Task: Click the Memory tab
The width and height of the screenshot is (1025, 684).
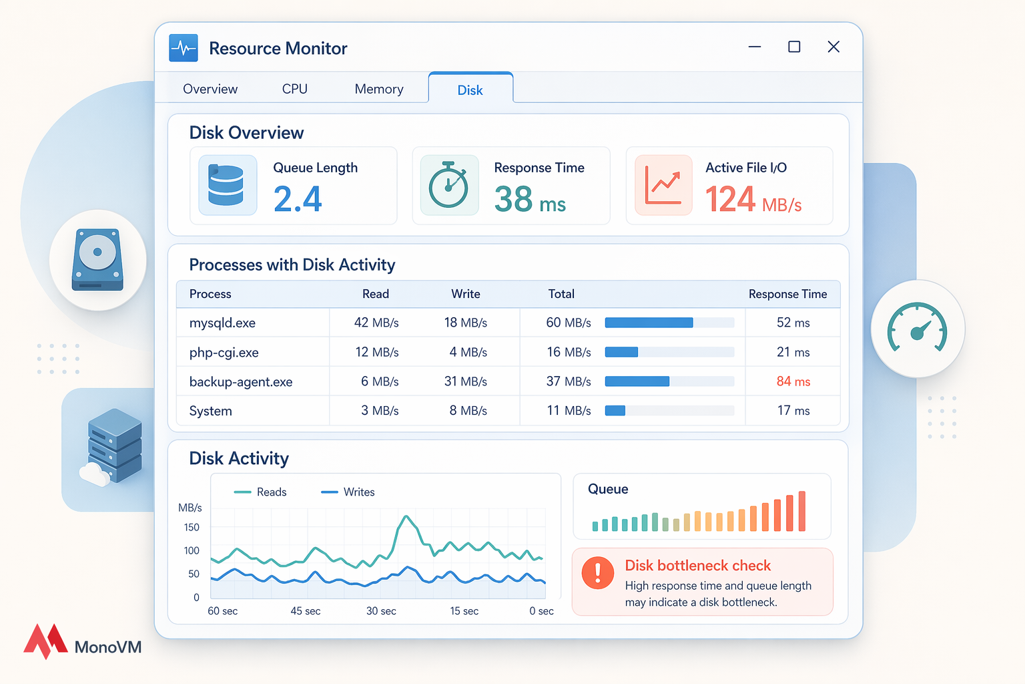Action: pos(379,89)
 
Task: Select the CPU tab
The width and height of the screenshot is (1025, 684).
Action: pos(294,89)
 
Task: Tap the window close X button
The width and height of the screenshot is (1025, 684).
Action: pos(833,47)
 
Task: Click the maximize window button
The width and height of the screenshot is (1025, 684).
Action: pos(794,47)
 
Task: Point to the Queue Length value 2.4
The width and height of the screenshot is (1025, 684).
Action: pos(298,199)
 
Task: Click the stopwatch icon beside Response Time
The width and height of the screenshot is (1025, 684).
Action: pos(449,185)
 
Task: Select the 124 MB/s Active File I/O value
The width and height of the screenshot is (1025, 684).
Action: pos(753,199)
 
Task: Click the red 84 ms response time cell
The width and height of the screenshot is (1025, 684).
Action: pos(793,381)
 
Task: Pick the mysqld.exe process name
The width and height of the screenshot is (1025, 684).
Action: pos(222,323)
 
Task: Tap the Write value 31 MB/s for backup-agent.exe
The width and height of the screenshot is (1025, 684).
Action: pos(465,381)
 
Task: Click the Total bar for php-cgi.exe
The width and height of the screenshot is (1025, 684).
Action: pos(621,352)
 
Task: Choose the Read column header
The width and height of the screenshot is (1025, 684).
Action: pos(376,294)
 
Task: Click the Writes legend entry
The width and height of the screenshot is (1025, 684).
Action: pos(348,492)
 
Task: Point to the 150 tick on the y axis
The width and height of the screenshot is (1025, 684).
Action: pos(192,527)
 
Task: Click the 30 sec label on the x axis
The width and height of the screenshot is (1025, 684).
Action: pos(381,611)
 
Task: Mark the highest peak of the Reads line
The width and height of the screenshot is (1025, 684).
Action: pos(406,516)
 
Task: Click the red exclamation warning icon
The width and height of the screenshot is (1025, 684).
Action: pos(598,573)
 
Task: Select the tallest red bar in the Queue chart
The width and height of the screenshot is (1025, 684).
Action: pos(802,511)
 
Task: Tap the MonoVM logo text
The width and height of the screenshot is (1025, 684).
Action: pos(108,647)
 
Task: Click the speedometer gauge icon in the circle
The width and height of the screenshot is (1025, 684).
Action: pos(918,328)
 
